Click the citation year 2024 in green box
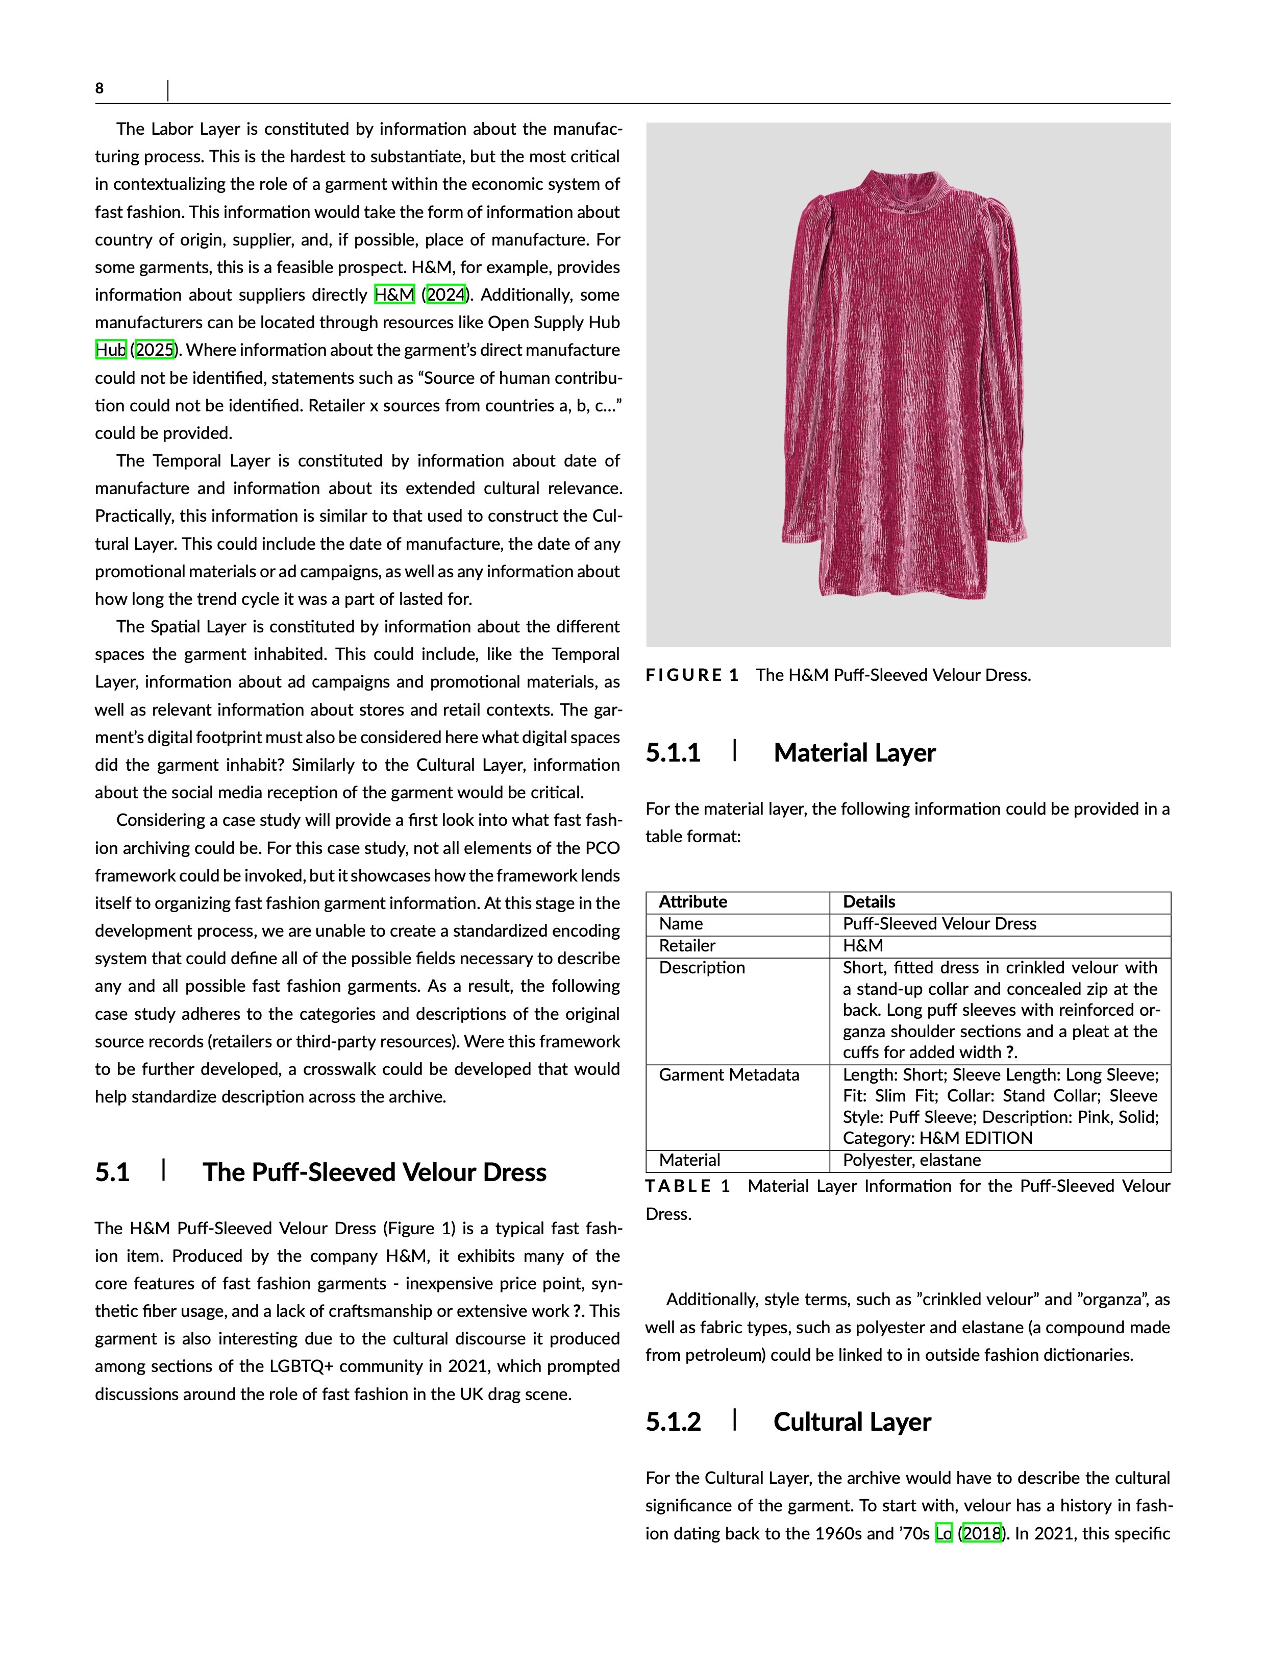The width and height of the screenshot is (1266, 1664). coord(445,295)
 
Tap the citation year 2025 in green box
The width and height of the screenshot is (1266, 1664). coord(155,350)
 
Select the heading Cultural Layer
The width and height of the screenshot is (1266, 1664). coord(852,1422)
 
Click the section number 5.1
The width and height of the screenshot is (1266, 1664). coord(112,1172)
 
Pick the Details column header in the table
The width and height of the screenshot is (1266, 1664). coord(869,902)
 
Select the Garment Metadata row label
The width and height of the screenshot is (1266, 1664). coord(729,1074)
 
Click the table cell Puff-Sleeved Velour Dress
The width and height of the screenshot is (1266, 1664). coord(939,924)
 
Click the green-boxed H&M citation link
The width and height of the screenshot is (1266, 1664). coord(394,295)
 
